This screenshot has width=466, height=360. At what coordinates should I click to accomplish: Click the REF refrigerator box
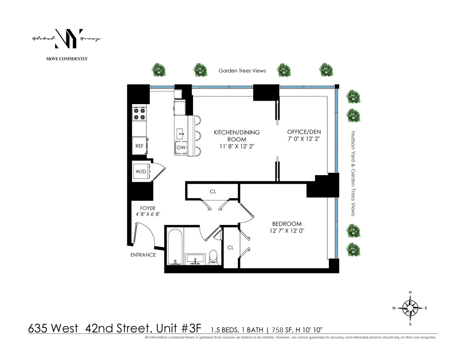click(139, 146)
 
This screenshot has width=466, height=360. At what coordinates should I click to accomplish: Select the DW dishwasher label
click(181, 148)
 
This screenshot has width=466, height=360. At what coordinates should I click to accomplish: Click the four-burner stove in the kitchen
click(139, 113)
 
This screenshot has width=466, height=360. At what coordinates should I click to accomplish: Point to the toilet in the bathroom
click(213, 256)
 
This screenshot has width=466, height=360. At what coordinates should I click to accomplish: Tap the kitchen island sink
click(181, 134)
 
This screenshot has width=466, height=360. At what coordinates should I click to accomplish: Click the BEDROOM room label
click(287, 224)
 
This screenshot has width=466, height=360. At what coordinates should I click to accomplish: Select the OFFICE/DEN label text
click(304, 132)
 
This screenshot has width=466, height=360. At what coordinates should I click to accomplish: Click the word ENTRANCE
click(143, 255)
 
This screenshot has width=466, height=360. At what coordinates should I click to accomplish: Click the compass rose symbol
click(410, 308)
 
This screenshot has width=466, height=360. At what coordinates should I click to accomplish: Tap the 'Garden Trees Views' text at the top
click(242, 71)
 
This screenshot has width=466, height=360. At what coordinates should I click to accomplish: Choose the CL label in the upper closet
click(213, 191)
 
